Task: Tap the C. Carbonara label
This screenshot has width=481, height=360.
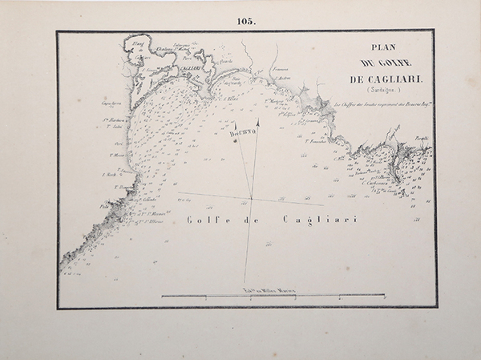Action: click(x=375, y=181)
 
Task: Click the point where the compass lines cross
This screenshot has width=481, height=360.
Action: click(x=251, y=198)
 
